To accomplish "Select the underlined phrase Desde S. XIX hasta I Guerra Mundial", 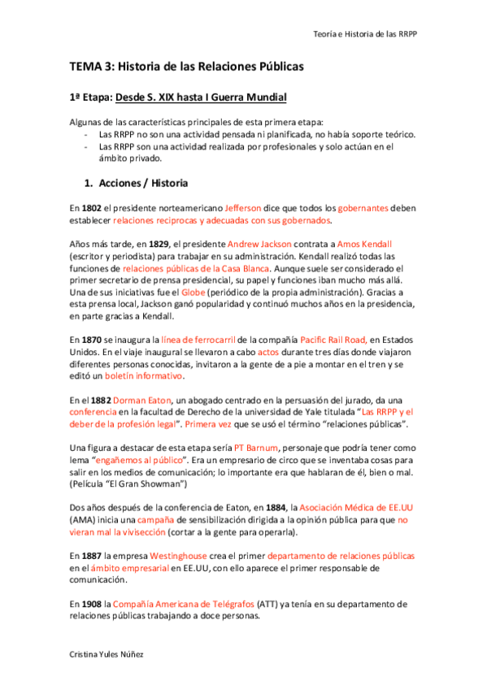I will pyautogui.click(x=202, y=97).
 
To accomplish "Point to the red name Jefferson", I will pyautogui.click(x=243, y=208).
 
